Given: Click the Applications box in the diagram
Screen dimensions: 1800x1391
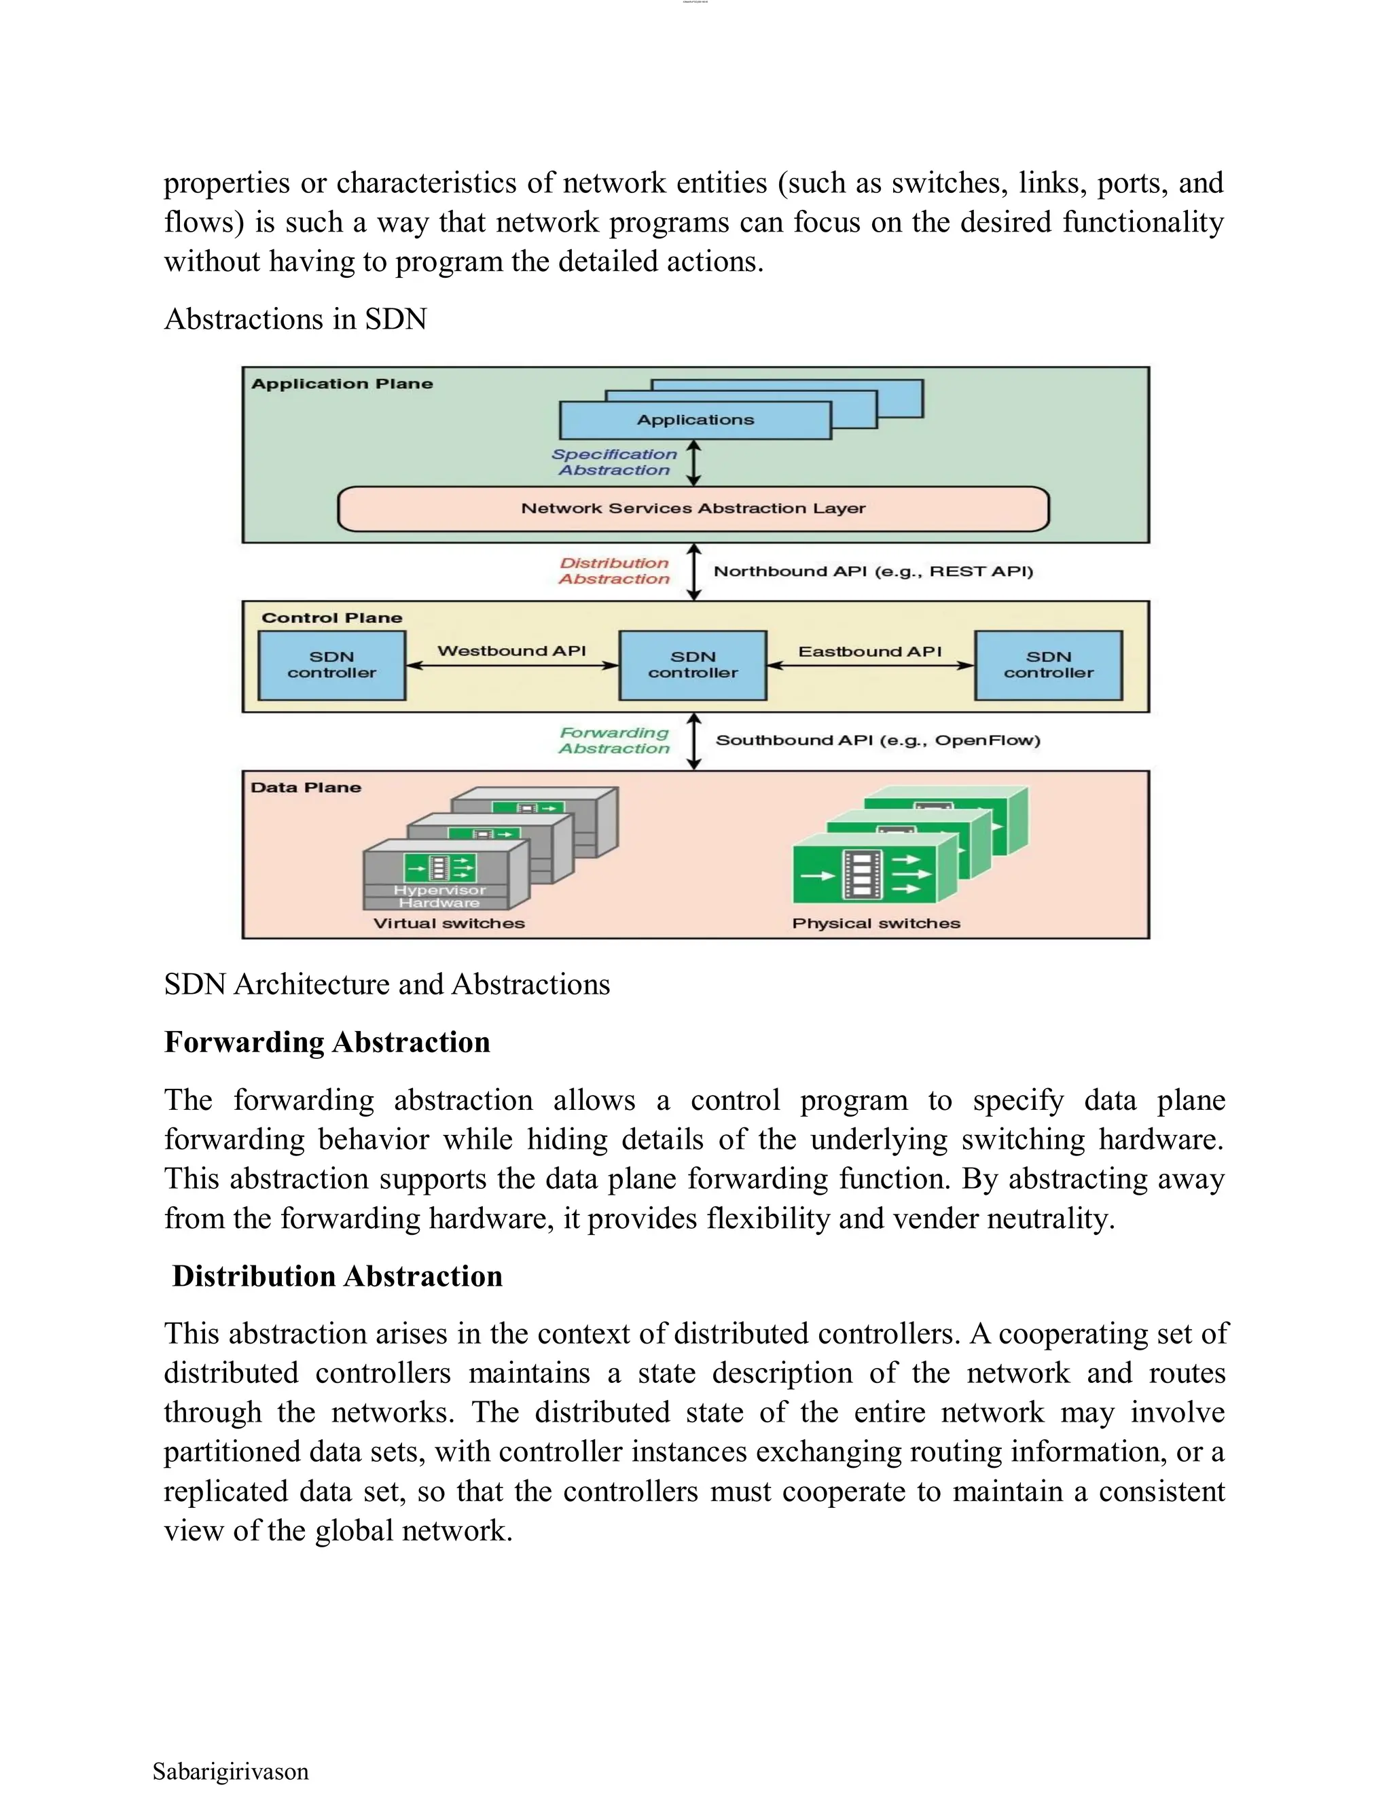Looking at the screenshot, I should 695,420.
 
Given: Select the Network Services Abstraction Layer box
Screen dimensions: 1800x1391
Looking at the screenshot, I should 693,509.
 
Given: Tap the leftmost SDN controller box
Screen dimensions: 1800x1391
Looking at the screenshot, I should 331,665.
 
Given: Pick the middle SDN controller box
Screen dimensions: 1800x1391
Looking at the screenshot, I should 692,665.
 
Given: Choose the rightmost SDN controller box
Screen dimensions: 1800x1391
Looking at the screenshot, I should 1048,665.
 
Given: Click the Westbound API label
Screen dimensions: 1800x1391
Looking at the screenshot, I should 511,650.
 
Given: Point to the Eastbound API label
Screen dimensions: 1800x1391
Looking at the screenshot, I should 869,651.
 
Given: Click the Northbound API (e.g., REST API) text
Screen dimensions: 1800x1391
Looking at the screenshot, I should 873,571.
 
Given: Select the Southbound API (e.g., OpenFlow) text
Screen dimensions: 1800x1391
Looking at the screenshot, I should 878,740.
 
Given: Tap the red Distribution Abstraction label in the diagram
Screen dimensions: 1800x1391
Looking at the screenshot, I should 614,571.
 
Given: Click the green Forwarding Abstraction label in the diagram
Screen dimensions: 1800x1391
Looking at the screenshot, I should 614,740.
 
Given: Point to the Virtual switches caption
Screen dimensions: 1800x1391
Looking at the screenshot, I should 448,923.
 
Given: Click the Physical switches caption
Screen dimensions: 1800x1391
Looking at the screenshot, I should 876,923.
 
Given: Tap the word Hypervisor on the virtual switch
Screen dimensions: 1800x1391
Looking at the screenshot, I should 439,890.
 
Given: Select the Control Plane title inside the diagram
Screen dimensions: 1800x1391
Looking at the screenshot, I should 331,618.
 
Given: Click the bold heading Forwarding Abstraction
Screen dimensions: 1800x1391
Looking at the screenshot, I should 327,1043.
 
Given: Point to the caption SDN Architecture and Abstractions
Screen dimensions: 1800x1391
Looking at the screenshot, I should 386,984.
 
